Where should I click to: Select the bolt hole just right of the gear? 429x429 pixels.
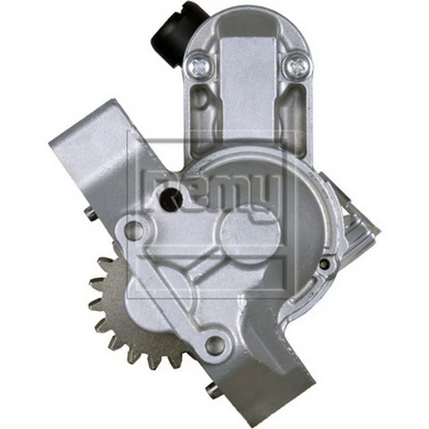214,344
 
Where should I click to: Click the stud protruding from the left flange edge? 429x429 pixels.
91,213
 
